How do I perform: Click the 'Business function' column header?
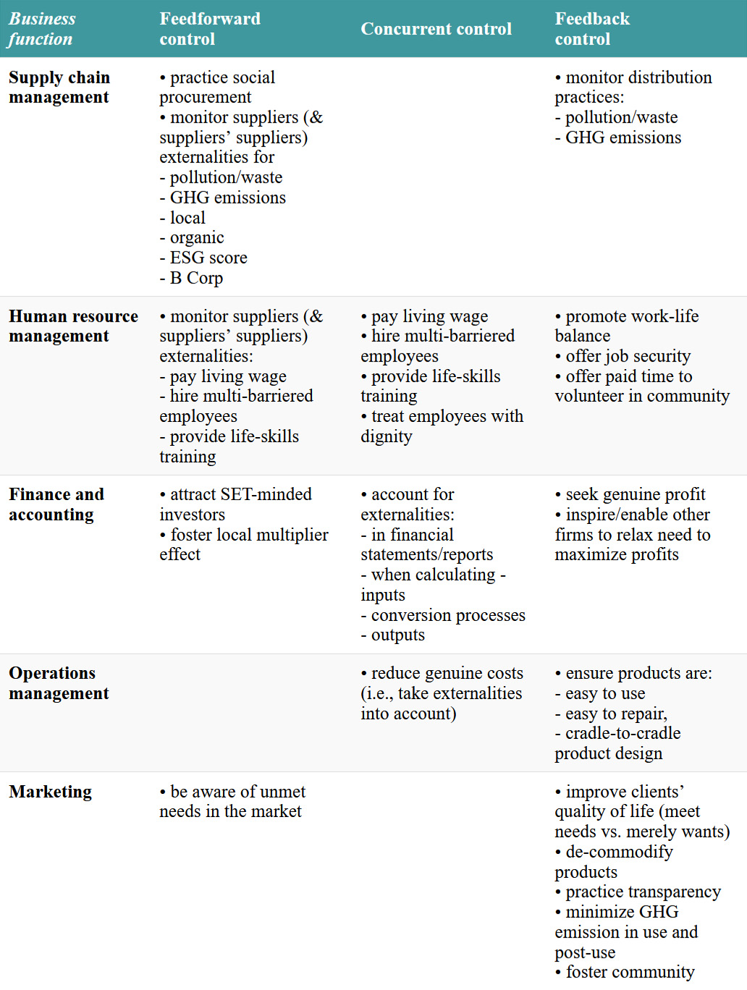42,29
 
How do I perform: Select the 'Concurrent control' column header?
436,29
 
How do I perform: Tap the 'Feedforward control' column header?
210,29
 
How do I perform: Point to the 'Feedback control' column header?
592,29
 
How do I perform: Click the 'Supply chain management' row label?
59,88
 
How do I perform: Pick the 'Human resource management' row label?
73,326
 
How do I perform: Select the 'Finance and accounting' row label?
56,504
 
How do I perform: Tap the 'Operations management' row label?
59,683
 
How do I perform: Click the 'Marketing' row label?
51,792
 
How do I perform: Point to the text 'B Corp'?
196,278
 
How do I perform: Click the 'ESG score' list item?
208,258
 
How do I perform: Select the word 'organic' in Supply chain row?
197,237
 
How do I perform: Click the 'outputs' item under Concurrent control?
397,635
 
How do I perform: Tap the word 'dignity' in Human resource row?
387,436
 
